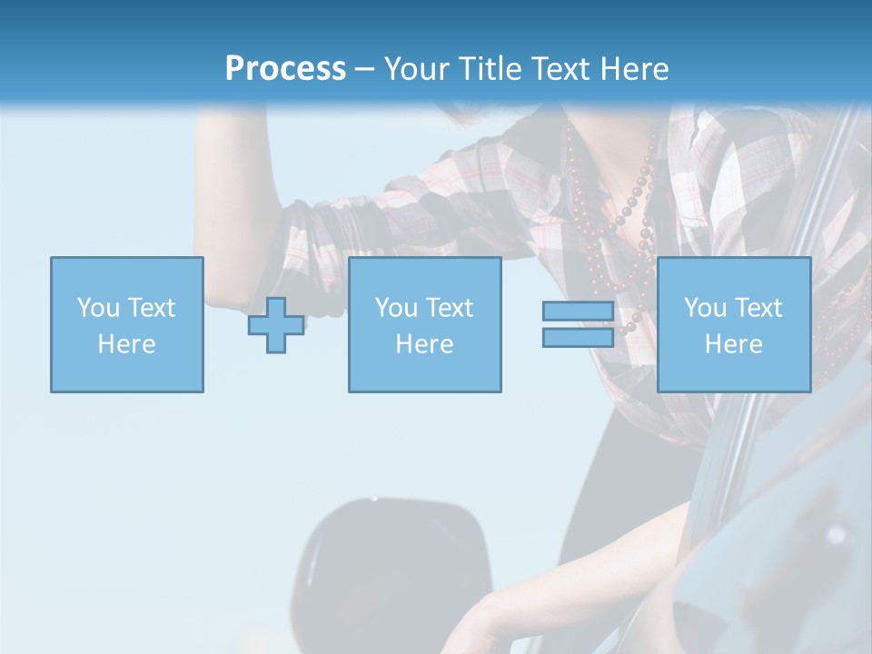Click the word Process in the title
[x=285, y=69]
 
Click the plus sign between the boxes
[x=276, y=325]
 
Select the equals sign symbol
[x=578, y=324]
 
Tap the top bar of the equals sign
[x=578, y=312]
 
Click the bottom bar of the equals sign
[x=578, y=337]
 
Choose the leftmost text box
[x=126, y=324]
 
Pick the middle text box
[x=424, y=324]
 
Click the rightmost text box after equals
[x=733, y=324]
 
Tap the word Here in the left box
[x=126, y=344]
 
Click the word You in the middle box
[x=396, y=308]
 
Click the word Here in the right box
[x=733, y=344]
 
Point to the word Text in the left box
[x=152, y=308]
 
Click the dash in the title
[x=365, y=69]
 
